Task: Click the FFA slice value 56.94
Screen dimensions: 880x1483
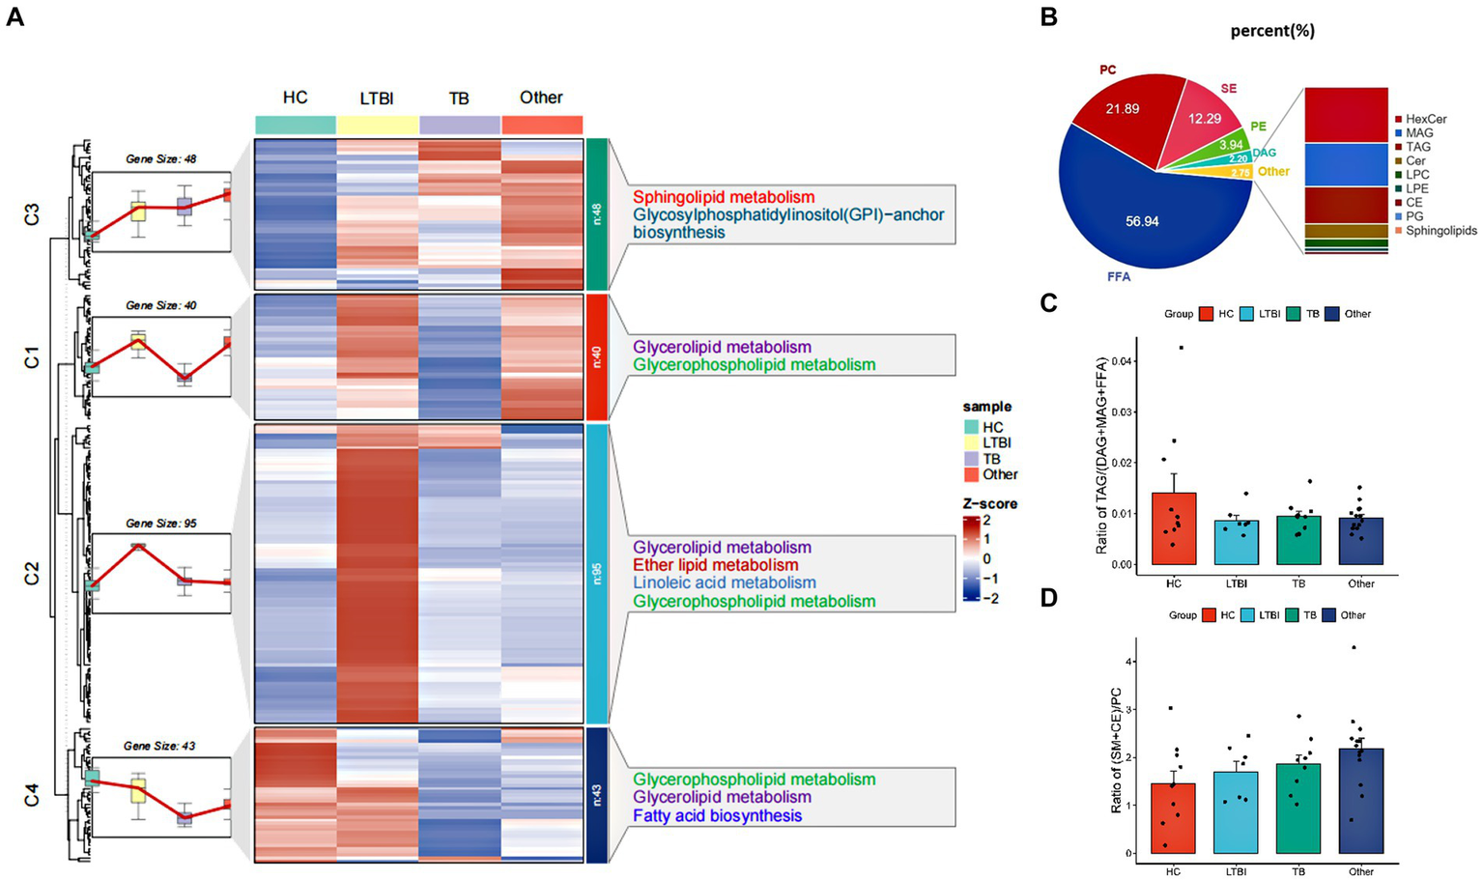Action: coord(1142,221)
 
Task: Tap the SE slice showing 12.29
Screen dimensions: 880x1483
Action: coord(1205,119)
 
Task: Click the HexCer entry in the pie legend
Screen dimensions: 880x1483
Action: coord(1426,119)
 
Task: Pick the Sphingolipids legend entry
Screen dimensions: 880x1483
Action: coord(1440,231)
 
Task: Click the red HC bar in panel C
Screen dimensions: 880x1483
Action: coord(1174,528)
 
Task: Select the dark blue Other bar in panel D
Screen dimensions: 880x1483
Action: coord(1361,801)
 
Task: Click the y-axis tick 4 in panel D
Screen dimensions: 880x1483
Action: coord(1126,662)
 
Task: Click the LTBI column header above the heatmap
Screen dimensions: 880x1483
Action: coord(377,98)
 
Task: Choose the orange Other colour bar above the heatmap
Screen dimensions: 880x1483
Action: coord(542,126)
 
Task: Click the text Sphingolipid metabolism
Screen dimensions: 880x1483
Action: coord(724,197)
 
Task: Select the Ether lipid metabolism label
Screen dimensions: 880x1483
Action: coord(715,565)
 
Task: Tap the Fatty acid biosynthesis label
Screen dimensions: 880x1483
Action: coord(718,815)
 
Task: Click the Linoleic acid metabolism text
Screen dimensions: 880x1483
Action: coord(725,582)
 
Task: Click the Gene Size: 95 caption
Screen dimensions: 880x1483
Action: coord(161,524)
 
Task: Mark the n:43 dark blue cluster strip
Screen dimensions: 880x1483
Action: coord(597,794)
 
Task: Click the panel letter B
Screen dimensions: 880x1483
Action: coord(1048,18)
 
